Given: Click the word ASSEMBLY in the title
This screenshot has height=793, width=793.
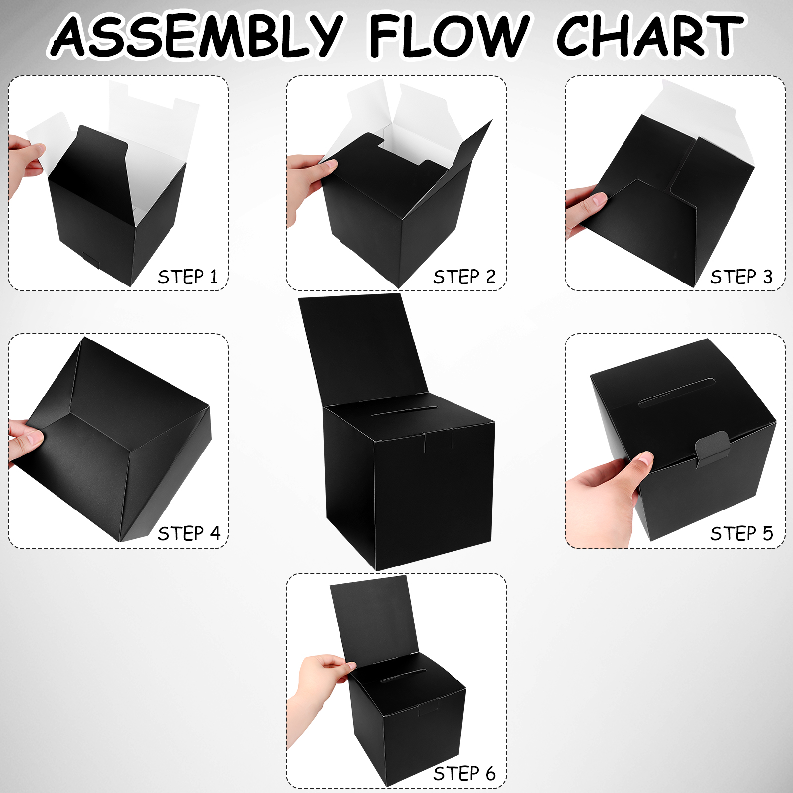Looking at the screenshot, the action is (x=197, y=35).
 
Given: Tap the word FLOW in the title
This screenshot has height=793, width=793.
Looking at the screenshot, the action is (x=449, y=35).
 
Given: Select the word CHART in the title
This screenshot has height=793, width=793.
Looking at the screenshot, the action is (x=650, y=35).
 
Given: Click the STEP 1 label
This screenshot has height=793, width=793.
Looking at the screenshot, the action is (x=188, y=277).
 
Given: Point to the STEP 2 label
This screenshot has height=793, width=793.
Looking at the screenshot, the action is (x=464, y=277).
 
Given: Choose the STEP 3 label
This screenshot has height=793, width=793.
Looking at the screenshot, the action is (x=741, y=277).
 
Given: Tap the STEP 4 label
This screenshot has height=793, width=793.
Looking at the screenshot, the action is (x=189, y=533).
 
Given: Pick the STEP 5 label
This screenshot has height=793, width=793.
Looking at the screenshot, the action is (x=741, y=533).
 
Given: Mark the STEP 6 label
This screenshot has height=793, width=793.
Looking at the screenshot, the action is (x=464, y=773).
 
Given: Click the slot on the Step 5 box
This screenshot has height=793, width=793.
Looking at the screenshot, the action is (x=677, y=393).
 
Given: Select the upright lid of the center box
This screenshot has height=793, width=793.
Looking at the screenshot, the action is (x=363, y=347).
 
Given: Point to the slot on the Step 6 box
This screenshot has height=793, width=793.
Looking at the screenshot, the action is (x=403, y=676).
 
